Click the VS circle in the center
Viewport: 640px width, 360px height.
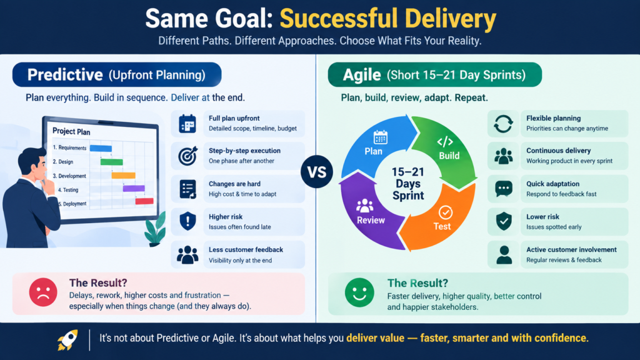coord(317,172)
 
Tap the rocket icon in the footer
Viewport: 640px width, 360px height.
coord(67,339)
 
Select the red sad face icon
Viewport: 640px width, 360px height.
coord(43,292)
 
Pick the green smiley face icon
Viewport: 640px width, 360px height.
coord(359,292)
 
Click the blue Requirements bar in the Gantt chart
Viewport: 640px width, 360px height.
coord(101,148)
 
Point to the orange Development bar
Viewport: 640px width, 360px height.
coord(123,176)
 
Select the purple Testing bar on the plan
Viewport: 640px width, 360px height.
coord(134,188)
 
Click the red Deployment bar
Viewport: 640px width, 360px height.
coord(144,201)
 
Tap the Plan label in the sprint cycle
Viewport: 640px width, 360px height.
coord(374,151)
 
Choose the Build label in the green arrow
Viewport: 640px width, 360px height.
coord(449,156)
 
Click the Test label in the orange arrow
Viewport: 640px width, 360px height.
coord(442,226)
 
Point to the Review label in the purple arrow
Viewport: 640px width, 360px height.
coord(371,221)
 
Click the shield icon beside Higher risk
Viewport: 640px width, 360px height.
coord(187,221)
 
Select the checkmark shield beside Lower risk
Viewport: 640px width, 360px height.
coord(504,221)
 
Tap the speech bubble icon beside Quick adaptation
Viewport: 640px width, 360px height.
coord(503,189)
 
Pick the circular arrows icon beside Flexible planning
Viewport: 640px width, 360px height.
coord(503,124)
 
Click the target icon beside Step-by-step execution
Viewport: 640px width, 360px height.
coord(187,156)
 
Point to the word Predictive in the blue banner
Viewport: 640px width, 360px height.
coord(65,75)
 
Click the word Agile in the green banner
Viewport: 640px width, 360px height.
coord(362,75)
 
